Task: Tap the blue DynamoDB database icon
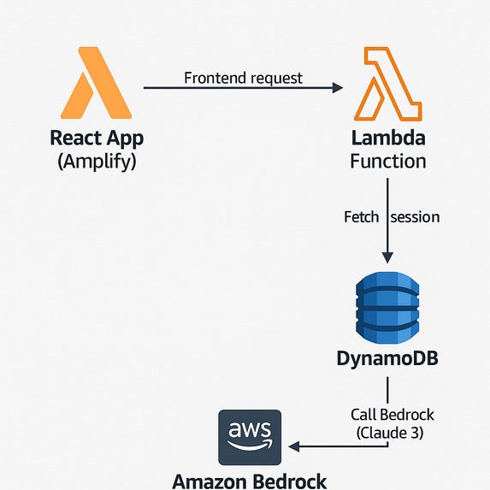tap(387, 308)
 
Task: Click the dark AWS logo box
tap(250, 437)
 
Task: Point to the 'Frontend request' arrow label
tap(243, 78)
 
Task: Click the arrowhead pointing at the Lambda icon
tap(338, 88)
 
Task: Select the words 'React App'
tap(97, 139)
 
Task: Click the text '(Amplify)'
tap(97, 162)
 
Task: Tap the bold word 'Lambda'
tap(388, 138)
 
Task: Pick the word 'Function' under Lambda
tap(388, 162)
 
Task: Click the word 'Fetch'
tap(361, 217)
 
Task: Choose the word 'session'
tap(415, 217)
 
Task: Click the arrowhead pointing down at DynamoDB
tap(388, 257)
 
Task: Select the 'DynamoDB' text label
tap(387, 358)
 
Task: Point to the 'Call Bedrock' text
tap(393, 415)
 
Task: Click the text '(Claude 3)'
tap(390, 433)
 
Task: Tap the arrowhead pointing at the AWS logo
tap(294, 446)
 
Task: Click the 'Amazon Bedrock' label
tap(250, 481)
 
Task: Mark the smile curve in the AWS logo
tap(250, 445)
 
